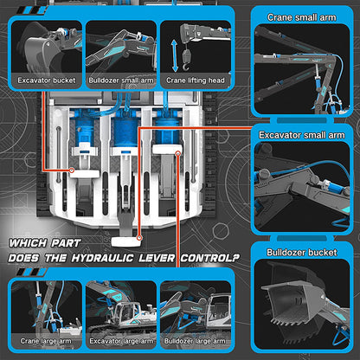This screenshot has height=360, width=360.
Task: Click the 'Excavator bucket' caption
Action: click(47, 80)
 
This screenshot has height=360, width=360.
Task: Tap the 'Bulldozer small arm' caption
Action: click(121, 80)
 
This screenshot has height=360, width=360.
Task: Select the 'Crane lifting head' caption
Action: click(196, 80)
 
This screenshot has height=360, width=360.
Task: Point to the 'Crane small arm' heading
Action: click(302, 17)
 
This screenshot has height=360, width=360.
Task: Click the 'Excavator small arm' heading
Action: click(302, 135)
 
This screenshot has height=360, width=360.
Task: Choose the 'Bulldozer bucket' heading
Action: click(302, 253)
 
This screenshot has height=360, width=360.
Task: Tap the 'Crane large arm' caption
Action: click(46, 341)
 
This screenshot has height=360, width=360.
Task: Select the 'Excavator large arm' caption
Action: click(121, 341)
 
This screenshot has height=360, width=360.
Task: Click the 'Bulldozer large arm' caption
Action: click(195, 341)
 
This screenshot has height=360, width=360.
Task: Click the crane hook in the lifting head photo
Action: click(186, 61)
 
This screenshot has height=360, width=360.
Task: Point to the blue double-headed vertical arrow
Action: click(175, 56)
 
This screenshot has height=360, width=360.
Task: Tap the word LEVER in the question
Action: click(157, 258)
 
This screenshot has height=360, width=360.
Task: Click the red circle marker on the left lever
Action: click(72, 170)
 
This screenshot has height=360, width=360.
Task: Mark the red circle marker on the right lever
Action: click(178, 154)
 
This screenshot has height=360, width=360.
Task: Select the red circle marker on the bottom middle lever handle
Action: click(139, 238)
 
